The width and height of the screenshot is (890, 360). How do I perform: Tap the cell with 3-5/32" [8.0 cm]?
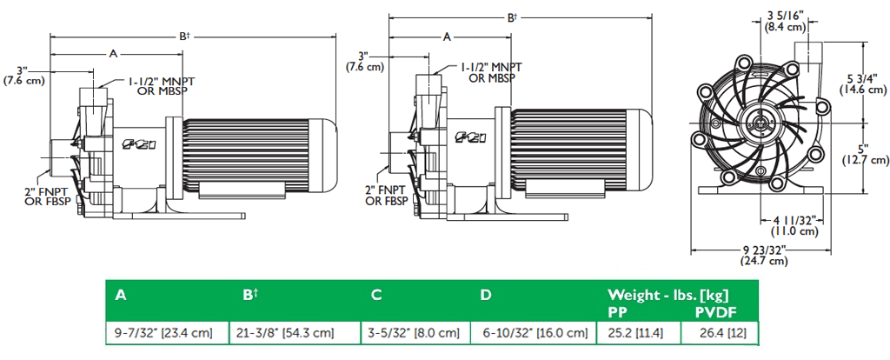tap(410, 332)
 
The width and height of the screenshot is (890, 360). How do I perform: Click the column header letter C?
tap(376, 295)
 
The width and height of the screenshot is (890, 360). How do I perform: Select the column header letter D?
tap(486, 295)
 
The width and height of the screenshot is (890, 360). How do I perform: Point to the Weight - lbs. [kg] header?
tap(667, 294)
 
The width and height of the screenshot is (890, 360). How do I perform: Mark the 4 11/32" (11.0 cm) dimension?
tap(794, 225)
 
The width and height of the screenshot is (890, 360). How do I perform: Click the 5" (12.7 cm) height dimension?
tap(867, 153)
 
